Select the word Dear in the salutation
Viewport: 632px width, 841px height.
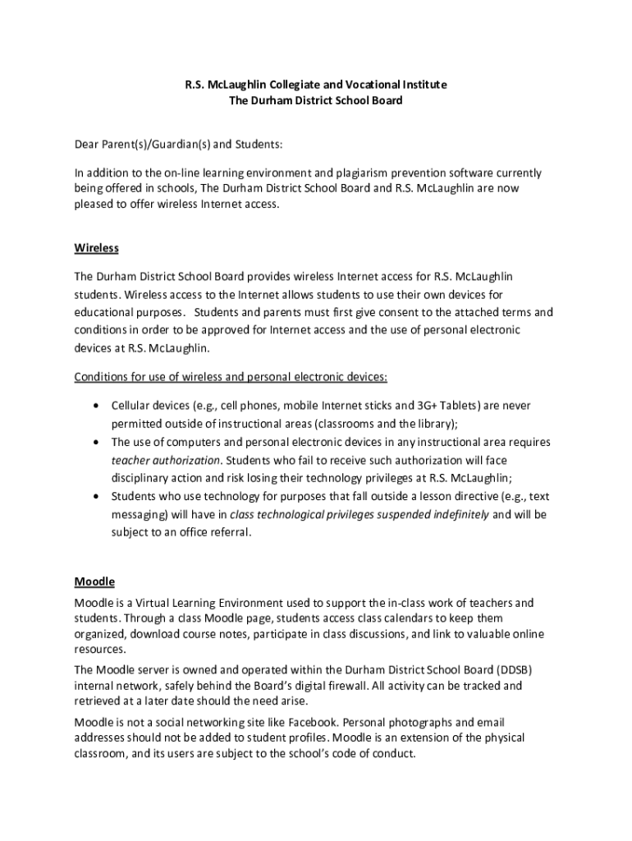86,145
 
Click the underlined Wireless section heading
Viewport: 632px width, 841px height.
97,247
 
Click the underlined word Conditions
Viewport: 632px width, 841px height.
101,377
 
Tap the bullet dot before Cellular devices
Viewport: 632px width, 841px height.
98,406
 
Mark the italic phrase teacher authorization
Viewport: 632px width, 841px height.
166,460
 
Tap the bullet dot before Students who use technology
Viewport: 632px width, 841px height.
98,496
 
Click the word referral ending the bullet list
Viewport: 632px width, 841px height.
228,532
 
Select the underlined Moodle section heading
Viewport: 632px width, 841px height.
94,581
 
